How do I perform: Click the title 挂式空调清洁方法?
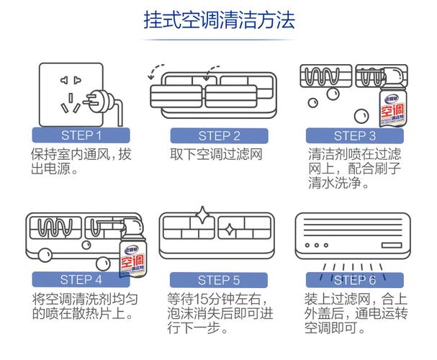click(218, 19)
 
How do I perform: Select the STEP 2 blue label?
click(219, 135)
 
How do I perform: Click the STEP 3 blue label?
click(355, 135)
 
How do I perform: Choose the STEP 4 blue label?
click(81, 280)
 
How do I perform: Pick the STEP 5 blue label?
click(219, 280)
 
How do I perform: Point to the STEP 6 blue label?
click(355, 280)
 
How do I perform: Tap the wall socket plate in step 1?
click(65, 90)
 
